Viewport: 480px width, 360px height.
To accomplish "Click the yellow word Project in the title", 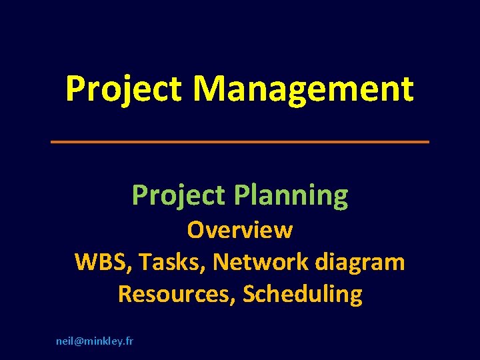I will pyautogui.click(x=123, y=89).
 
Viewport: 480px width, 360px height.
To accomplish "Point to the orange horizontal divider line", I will pyautogui.click(x=240, y=141).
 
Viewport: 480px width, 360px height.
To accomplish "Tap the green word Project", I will pyautogui.click(x=178, y=196).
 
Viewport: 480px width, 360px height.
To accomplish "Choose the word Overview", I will pyautogui.click(x=240, y=230).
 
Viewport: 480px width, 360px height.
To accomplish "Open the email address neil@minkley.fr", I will pyautogui.click(x=94, y=341).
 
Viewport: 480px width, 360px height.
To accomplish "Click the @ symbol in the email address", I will pyautogui.click(x=79, y=341).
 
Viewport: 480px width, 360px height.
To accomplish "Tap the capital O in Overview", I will pyautogui.click(x=196, y=230).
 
